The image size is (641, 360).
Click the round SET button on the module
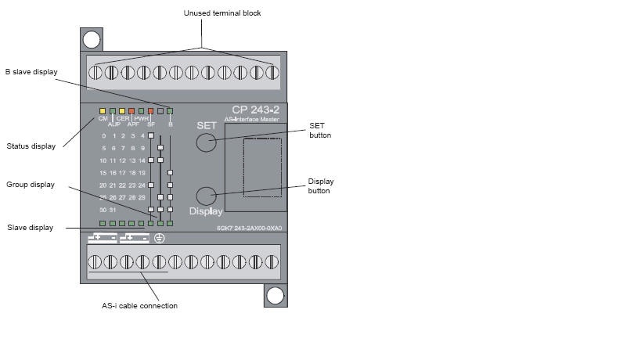[206, 142]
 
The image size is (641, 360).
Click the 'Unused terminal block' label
[222, 13]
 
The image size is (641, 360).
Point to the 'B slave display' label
[31, 71]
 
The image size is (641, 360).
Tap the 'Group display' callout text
[31, 185]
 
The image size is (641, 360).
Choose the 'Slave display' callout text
[30, 228]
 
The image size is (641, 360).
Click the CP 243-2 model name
[255, 109]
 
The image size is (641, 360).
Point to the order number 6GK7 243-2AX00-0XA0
[248, 229]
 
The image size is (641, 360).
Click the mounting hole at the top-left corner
[92, 38]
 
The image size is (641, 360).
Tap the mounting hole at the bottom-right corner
[274, 295]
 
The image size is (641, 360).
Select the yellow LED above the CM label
[103, 111]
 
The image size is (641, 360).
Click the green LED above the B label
[170, 111]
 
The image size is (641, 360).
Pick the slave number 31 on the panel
[113, 210]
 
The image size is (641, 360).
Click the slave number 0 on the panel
[103, 136]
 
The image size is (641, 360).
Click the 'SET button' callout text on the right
[320, 130]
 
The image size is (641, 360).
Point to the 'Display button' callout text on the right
[320, 185]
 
